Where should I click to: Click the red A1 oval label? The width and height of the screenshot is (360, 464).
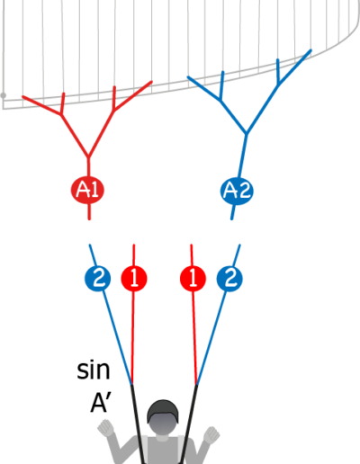(87, 190)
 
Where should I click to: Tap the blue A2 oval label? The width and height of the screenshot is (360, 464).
(237, 191)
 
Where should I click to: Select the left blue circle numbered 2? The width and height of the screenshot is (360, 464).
(97, 279)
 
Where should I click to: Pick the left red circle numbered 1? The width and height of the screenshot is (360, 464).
(134, 279)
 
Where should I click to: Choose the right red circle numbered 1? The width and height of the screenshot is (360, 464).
(193, 279)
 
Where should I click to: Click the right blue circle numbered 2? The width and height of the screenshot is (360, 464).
(229, 279)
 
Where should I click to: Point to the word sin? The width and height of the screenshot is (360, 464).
(94, 370)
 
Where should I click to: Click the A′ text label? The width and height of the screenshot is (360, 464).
(101, 404)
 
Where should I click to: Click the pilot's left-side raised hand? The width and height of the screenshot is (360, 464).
(105, 427)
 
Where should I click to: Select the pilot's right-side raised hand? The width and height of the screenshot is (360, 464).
(211, 435)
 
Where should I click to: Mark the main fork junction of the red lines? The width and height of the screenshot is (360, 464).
(88, 157)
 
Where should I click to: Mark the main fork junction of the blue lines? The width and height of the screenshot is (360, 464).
(247, 133)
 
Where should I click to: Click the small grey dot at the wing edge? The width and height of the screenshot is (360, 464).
(4, 95)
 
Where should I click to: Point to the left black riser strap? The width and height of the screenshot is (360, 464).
(137, 424)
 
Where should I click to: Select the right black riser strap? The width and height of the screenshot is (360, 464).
(189, 424)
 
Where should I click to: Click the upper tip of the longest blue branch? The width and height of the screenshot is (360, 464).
(310, 50)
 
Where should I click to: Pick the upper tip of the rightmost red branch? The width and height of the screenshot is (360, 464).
(151, 82)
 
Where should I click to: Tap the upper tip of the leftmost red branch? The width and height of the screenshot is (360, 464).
(23, 96)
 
